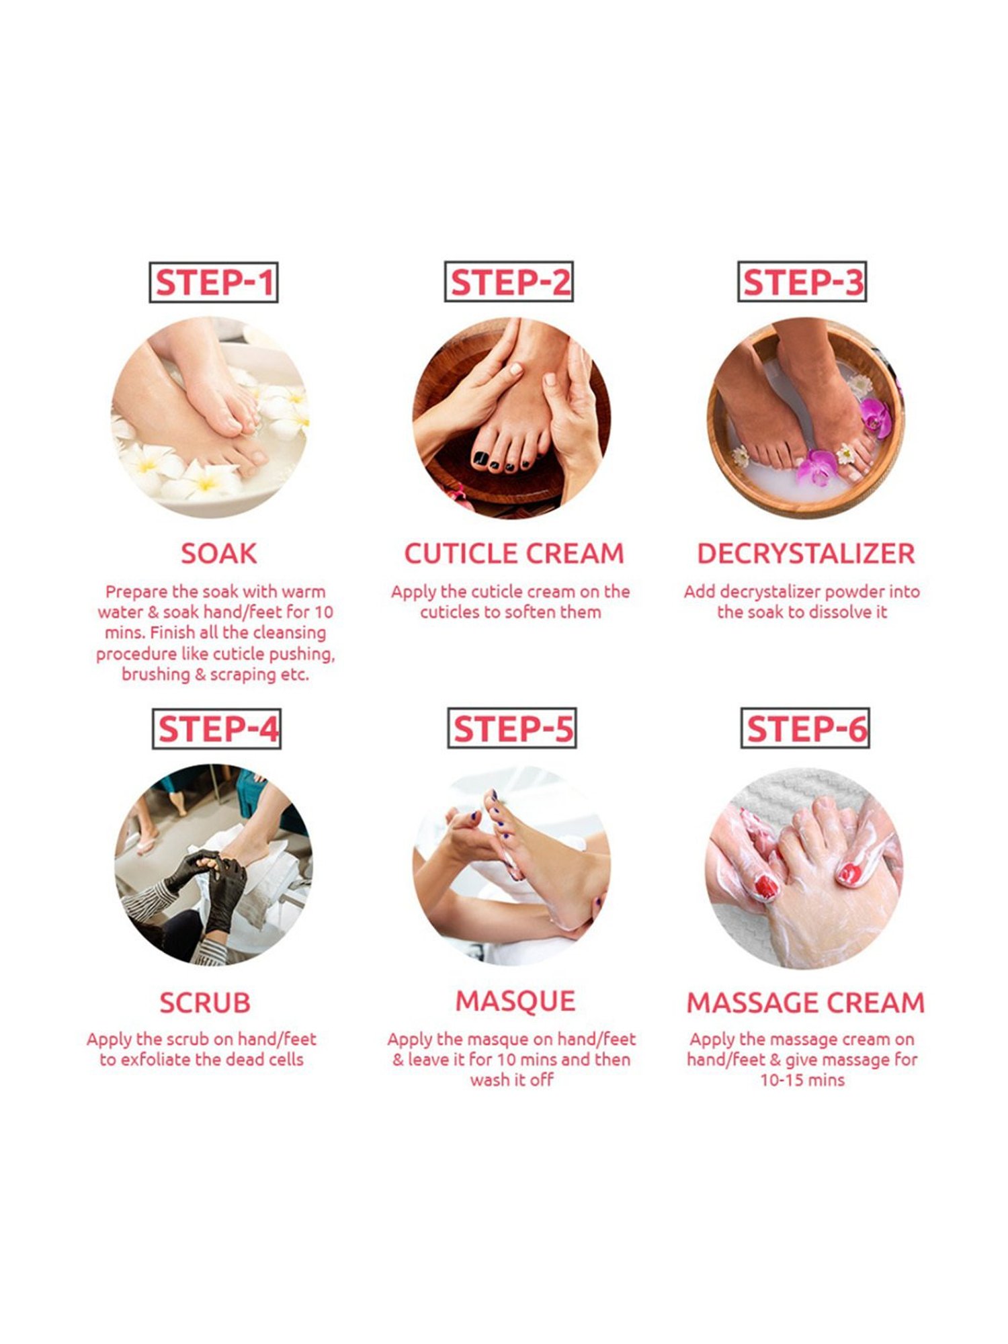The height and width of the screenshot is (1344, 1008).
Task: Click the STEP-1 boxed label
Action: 213,282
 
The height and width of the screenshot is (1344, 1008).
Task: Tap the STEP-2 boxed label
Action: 509,282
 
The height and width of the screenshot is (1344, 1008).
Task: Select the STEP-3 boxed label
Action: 802,282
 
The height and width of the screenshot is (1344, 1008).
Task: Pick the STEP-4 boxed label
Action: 216,729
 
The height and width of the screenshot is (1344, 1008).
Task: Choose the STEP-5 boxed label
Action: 512,728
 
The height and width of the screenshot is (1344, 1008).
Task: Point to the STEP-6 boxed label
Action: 805,728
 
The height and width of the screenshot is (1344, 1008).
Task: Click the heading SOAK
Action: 218,554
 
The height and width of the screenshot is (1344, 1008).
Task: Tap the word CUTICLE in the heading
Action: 460,554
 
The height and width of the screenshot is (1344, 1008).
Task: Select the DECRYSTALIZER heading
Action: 806,554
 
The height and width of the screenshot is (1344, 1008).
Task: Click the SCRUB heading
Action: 205,1003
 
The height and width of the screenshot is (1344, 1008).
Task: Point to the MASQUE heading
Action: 515,1001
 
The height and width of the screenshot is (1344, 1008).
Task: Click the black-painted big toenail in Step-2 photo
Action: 481,458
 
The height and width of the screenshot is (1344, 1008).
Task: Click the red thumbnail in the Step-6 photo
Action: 765,887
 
